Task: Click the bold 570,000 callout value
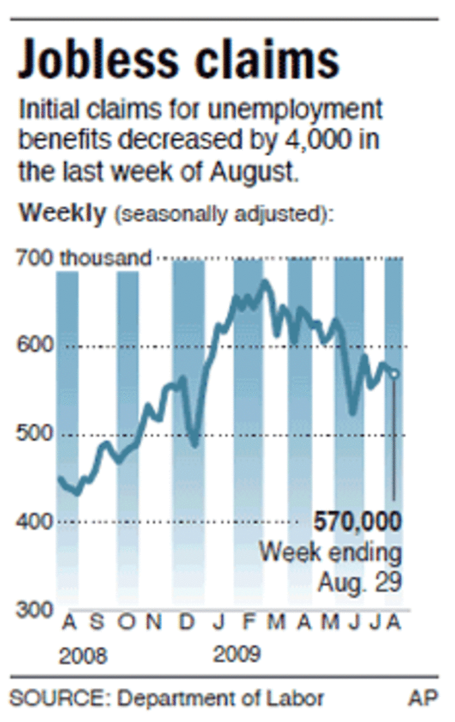pyautogui.click(x=357, y=523)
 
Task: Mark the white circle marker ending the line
pyautogui.click(x=394, y=374)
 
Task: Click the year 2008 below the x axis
pyautogui.click(x=83, y=656)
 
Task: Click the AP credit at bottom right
pyautogui.click(x=423, y=698)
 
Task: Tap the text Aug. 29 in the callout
pyautogui.click(x=359, y=581)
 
